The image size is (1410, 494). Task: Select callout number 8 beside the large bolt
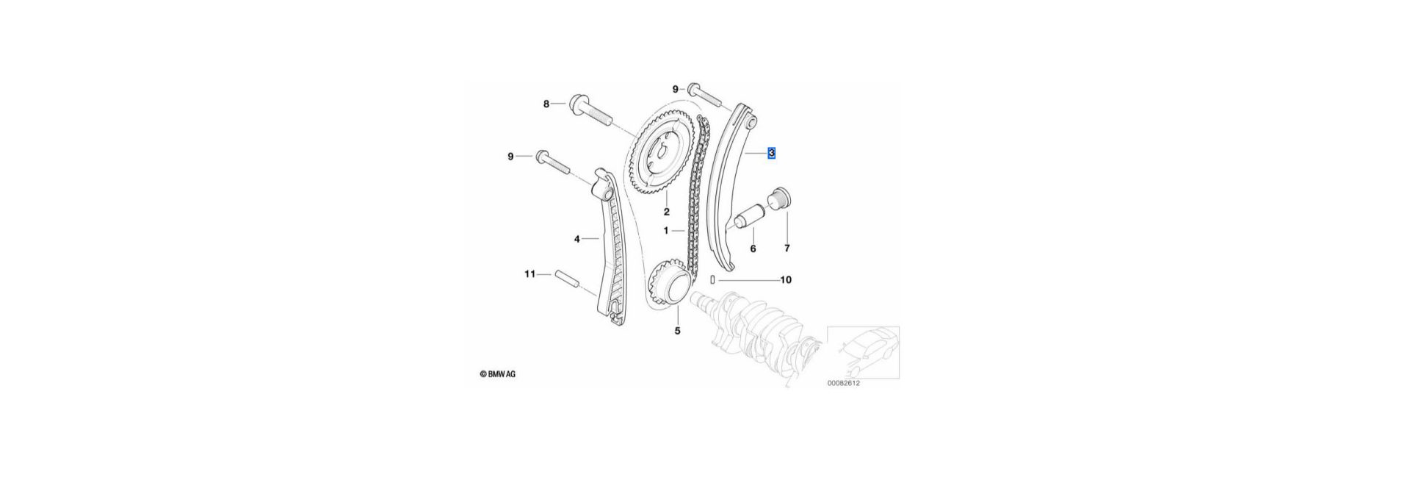546,104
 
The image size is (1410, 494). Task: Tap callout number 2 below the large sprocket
667,212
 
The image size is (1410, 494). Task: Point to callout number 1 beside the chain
666,230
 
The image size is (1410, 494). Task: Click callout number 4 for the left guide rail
577,239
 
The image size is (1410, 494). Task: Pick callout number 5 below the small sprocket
677,331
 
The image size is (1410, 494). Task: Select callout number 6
753,248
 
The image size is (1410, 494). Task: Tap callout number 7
787,248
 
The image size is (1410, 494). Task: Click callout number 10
786,280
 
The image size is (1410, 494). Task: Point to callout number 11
529,274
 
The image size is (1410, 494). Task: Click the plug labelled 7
778,199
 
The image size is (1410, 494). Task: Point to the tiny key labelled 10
713,280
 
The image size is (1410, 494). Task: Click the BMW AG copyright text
498,374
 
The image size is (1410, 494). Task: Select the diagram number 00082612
843,383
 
